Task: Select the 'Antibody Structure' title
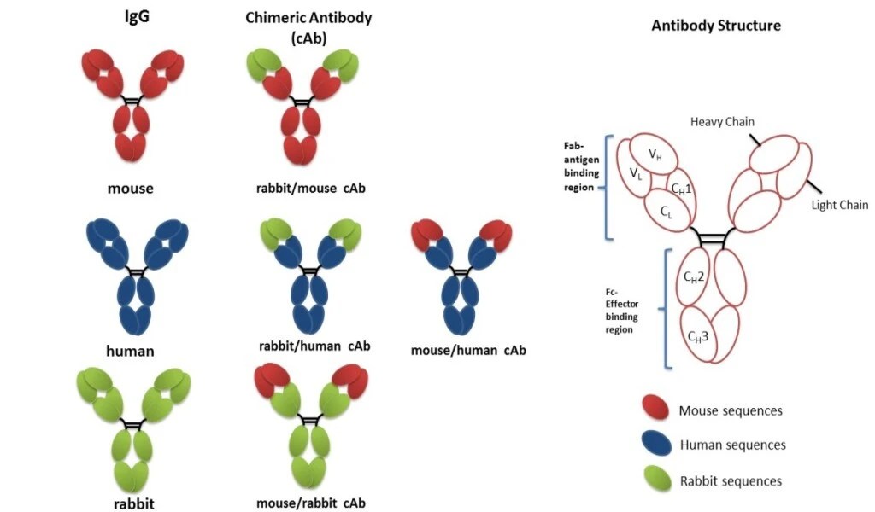click(x=715, y=26)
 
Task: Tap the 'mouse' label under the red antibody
click(x=132, y=188)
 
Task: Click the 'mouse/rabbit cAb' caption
click(x=310, y=503)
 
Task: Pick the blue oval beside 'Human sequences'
click(x=655, y=445)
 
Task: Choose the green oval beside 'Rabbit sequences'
click(x=655, y=480)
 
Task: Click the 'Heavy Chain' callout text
click(x=722, y=122)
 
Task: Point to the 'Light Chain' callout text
click(x=841, y=205)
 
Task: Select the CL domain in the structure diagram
click(x=666, y=211)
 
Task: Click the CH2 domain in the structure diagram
click(x=693, y=276)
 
